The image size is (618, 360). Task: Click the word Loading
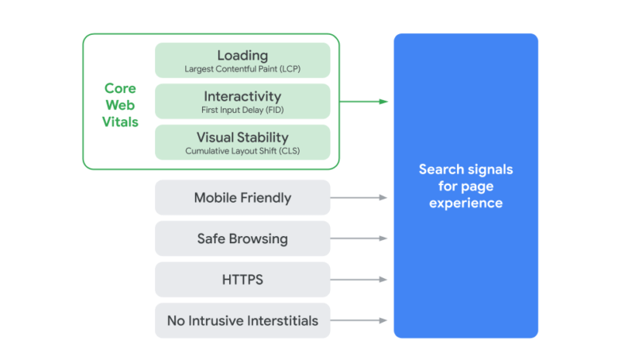242,55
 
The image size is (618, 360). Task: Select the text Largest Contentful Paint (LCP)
242,69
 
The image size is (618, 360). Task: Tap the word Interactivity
242,96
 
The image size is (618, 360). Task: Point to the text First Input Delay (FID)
242,110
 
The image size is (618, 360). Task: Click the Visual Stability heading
242,137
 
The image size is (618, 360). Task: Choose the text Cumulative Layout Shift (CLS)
242,151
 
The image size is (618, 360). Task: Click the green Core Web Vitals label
120,105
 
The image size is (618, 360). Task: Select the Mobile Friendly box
242,197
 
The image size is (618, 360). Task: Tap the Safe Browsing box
242,238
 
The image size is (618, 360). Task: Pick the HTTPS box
242,279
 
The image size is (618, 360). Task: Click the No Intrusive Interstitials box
242,321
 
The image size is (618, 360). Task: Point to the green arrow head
383,101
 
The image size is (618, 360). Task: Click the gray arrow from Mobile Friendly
359,197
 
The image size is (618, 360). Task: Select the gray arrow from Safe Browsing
359,238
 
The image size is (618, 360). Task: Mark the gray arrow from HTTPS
359,279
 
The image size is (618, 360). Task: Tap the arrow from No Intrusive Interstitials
359,321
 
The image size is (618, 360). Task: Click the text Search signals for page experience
465,186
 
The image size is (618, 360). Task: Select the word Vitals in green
120,122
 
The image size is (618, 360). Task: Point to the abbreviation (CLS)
287,151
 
